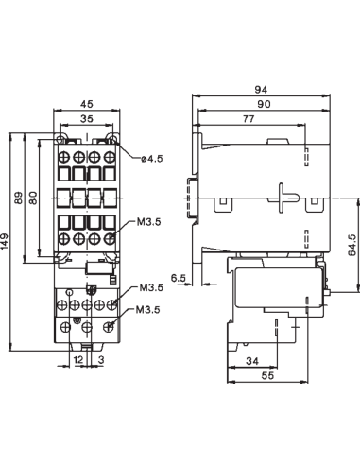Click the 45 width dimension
[x=85, y=105]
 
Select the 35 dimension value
[x=85, y=120]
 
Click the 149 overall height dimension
[x=7, y=243]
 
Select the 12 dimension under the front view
[x=78, y=361]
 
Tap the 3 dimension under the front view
[x=101, y=361]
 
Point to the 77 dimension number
[x=248, y=120]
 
